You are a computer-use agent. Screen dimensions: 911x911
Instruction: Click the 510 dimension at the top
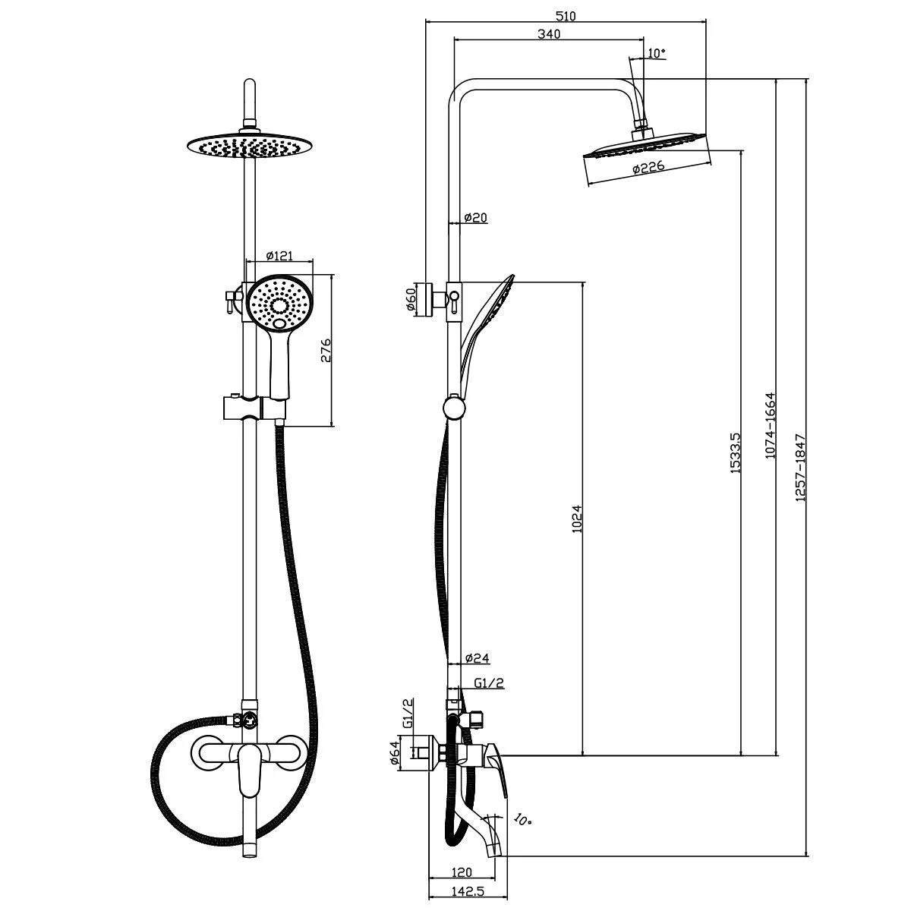[x=566, y=16]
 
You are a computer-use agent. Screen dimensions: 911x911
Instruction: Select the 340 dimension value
[x=548, y=33]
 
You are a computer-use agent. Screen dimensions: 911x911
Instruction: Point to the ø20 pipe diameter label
[x=475, y=218]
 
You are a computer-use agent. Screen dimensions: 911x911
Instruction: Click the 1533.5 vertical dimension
[x=733, y=453]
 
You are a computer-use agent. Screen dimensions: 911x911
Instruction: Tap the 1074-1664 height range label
[x=769, y=427]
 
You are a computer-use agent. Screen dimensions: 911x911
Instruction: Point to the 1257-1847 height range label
[x=799, y=467]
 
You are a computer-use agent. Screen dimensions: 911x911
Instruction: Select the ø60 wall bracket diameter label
[x=411, y=300]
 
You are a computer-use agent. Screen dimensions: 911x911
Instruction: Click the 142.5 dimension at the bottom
[x=468, y=887]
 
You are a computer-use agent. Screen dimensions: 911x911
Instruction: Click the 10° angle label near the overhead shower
[x=657, y=53]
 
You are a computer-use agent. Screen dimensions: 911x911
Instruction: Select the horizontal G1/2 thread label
[x=489, y=683]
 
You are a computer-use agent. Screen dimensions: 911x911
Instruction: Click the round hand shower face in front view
[x=280, y=304]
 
